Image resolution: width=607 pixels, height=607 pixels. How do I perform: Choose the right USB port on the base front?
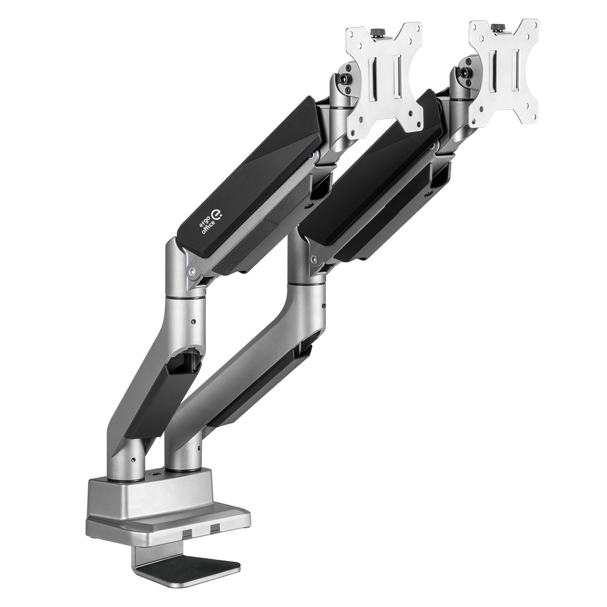pyautogui.click(x=215, y=529)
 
